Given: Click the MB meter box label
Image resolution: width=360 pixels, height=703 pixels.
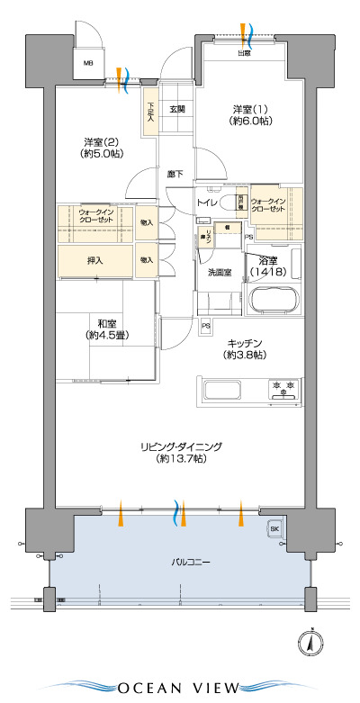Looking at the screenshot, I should (88, 63).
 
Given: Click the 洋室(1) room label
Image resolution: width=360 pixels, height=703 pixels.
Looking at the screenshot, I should (244, 114).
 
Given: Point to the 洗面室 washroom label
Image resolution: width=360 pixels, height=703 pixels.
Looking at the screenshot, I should (220, 272).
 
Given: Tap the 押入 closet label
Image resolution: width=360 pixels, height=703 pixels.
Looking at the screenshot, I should (94, 260).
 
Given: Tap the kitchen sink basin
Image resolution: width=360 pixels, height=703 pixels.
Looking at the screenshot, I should (222, 392).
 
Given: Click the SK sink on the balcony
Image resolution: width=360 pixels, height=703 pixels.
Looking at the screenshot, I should (274, 529).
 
